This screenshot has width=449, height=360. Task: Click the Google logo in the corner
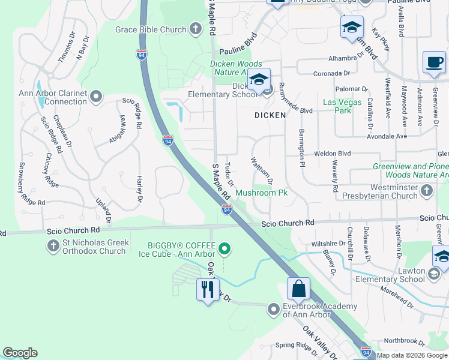[x=20, y=353]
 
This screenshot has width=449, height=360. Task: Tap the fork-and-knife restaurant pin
[x=207, y=291]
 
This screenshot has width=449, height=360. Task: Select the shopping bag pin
[x=298, y=289]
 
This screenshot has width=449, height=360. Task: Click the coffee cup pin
[x=434, y=62]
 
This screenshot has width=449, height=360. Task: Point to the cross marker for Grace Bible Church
[x=195, y=28]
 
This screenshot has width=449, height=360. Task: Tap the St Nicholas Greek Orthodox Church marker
[x=52, y=247]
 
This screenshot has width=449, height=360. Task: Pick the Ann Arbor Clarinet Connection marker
[x=96, y=97]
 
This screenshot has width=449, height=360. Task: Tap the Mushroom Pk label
[x=262, y=193]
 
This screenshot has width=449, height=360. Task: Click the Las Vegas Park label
[x=342, y=106]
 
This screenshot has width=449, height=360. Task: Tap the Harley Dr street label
[x=139, y=189]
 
